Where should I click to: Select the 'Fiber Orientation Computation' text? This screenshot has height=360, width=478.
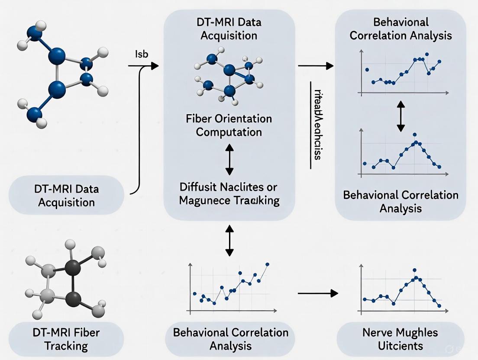(x=229, y=125)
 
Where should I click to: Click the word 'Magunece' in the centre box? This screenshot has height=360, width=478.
(x=206, y=200)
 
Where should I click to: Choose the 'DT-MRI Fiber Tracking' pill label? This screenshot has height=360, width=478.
(x=66, y=339)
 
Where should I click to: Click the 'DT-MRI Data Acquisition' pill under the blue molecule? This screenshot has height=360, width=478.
(x=66, y=196)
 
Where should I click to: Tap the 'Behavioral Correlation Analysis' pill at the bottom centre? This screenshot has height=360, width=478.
(x=230, y=339)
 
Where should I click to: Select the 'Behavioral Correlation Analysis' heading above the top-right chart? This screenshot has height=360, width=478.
(x=400, y=29)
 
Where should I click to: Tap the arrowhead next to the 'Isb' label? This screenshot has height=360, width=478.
(x=154, y=66)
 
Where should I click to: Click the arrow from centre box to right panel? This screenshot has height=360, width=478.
(x=316, y=66)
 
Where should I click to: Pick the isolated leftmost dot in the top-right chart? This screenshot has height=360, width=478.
(x=367, y=69)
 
